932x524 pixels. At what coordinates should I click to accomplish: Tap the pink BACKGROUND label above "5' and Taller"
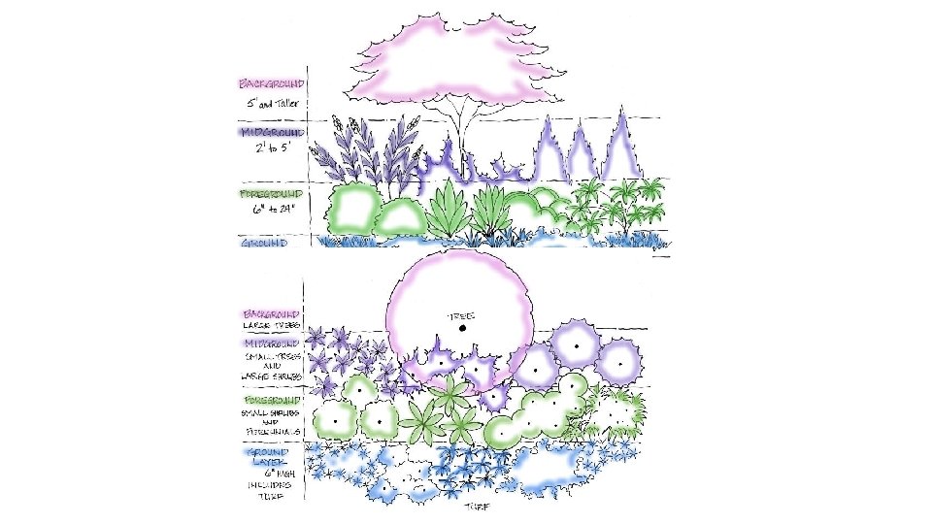[x=272, y=84]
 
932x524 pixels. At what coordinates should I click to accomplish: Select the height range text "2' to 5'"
[x=272, y=148]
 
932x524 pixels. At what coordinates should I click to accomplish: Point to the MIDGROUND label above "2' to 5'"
[x=272, y=132]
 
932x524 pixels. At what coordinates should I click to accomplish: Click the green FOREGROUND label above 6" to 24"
[x=272, y=194]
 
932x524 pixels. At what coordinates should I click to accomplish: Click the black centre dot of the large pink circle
[x=463, y=329]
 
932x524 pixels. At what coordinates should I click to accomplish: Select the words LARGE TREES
[x=273, y=326]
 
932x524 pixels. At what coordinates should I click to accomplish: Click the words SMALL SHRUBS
[x=273, y=412]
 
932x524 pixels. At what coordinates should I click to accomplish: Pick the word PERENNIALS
[x=273, y=432]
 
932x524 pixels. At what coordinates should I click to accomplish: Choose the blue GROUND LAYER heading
[x=273, y=456]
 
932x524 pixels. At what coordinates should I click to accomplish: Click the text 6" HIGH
[x=273, y=473]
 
